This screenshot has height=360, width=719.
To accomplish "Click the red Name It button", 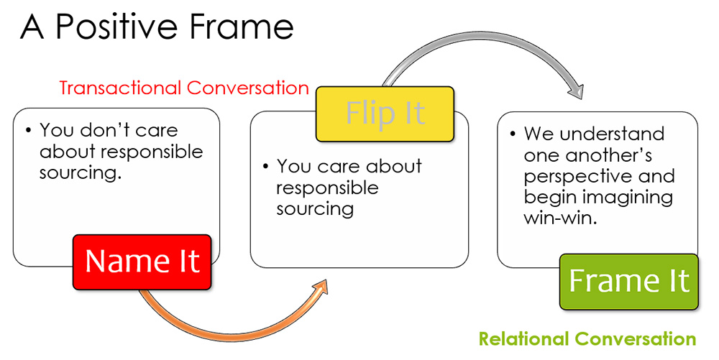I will [x=142, y=261].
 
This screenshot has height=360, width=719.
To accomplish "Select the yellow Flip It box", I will [x=385, y=113].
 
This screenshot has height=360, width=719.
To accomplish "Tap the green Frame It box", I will [x=629, y=281].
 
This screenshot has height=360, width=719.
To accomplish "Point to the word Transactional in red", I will [x=120, y=88].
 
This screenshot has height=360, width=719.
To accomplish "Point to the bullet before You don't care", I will [x=28, y=131].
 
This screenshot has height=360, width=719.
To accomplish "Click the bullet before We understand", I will [x=513, y=134].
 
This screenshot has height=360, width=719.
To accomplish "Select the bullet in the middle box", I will [x=265, y=167].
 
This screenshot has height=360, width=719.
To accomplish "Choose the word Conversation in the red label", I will [x=248, y=88].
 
